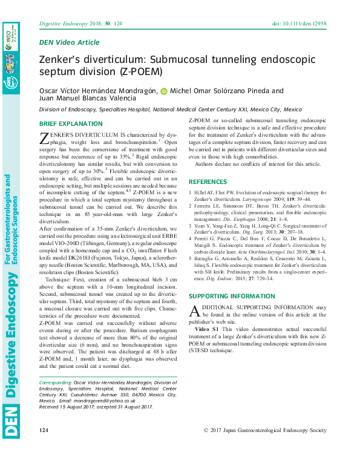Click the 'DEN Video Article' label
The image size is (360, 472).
point(69,42)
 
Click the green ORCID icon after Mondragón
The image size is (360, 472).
point(163,91)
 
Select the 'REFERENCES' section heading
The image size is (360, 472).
point(208,182)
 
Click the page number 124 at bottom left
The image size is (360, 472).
point(44,430)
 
